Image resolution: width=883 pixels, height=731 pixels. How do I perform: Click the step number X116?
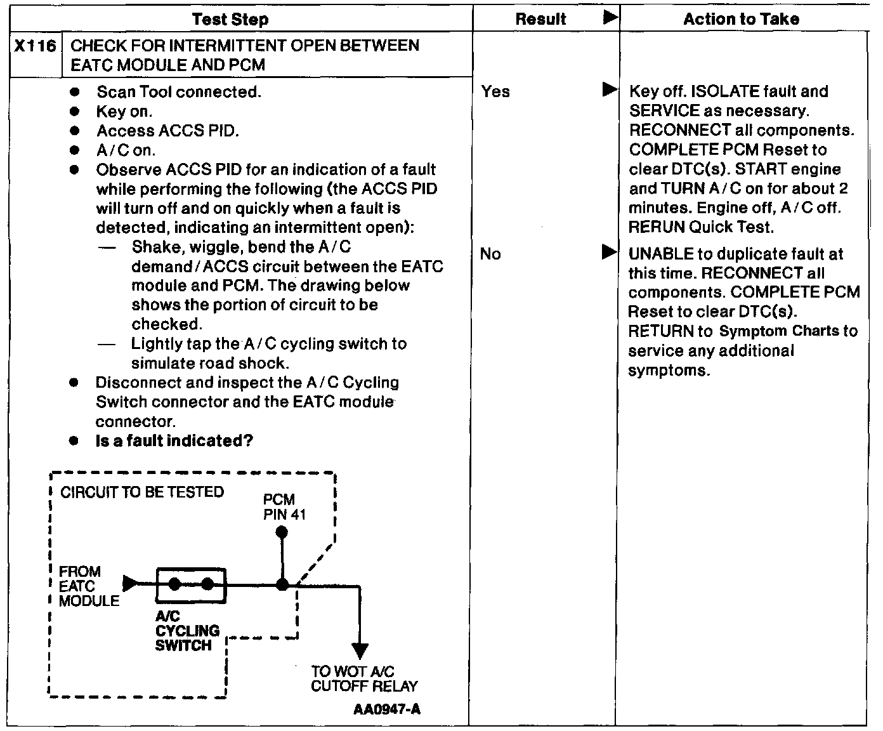(35, 46)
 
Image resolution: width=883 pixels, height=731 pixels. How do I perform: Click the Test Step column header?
(230, 19)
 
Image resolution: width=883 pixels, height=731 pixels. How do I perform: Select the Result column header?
(540, 19)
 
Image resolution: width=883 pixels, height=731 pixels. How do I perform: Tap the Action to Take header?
(741, 19)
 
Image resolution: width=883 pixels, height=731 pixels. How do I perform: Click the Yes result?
(495, 91)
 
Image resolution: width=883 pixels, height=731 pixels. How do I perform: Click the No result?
(490, 254)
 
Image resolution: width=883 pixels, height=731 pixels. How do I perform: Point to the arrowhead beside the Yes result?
(609, 89)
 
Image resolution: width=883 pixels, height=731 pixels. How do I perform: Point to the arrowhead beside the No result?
(609, 253)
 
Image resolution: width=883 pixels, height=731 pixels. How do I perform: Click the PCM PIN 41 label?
(284, 507)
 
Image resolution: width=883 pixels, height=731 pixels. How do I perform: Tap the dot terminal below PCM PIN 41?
(282, 532)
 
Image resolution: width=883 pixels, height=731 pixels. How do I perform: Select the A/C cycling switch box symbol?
(191, 584)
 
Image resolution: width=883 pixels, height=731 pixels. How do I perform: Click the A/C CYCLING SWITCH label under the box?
(187, 631)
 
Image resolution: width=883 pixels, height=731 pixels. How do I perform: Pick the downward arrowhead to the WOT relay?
(360, 651)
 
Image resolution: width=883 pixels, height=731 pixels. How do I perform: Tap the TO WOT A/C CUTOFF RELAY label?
(364, 678)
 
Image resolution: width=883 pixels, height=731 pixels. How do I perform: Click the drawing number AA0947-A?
(386, 709)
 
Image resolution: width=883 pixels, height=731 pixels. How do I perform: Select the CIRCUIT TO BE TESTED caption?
(142, 492)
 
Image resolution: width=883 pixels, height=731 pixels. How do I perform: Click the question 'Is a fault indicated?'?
(174, 441)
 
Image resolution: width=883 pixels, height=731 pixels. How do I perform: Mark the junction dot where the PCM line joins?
(282, 584)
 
